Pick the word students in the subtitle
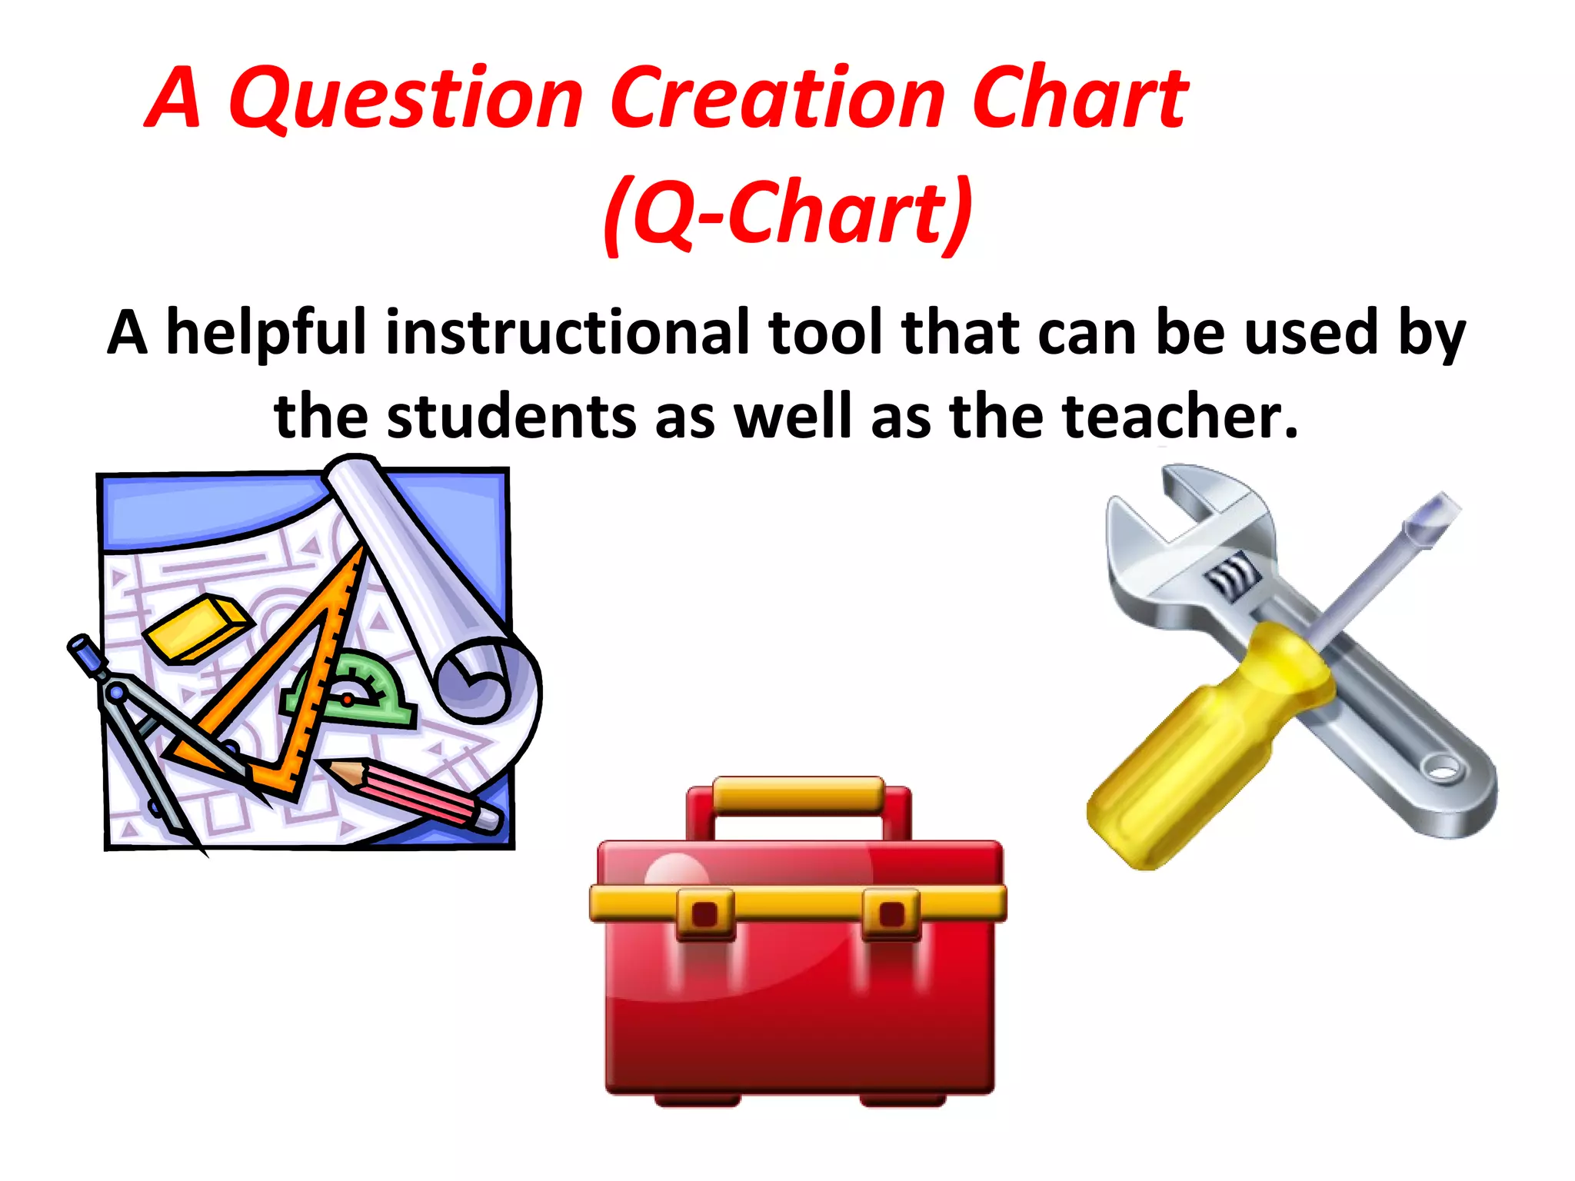(511, 416)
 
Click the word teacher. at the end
(1180, 416)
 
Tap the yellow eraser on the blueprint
(198, 627)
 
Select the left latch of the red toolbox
(705, 913)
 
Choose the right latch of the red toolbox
(891, 913)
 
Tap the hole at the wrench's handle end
(1443, 767)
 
